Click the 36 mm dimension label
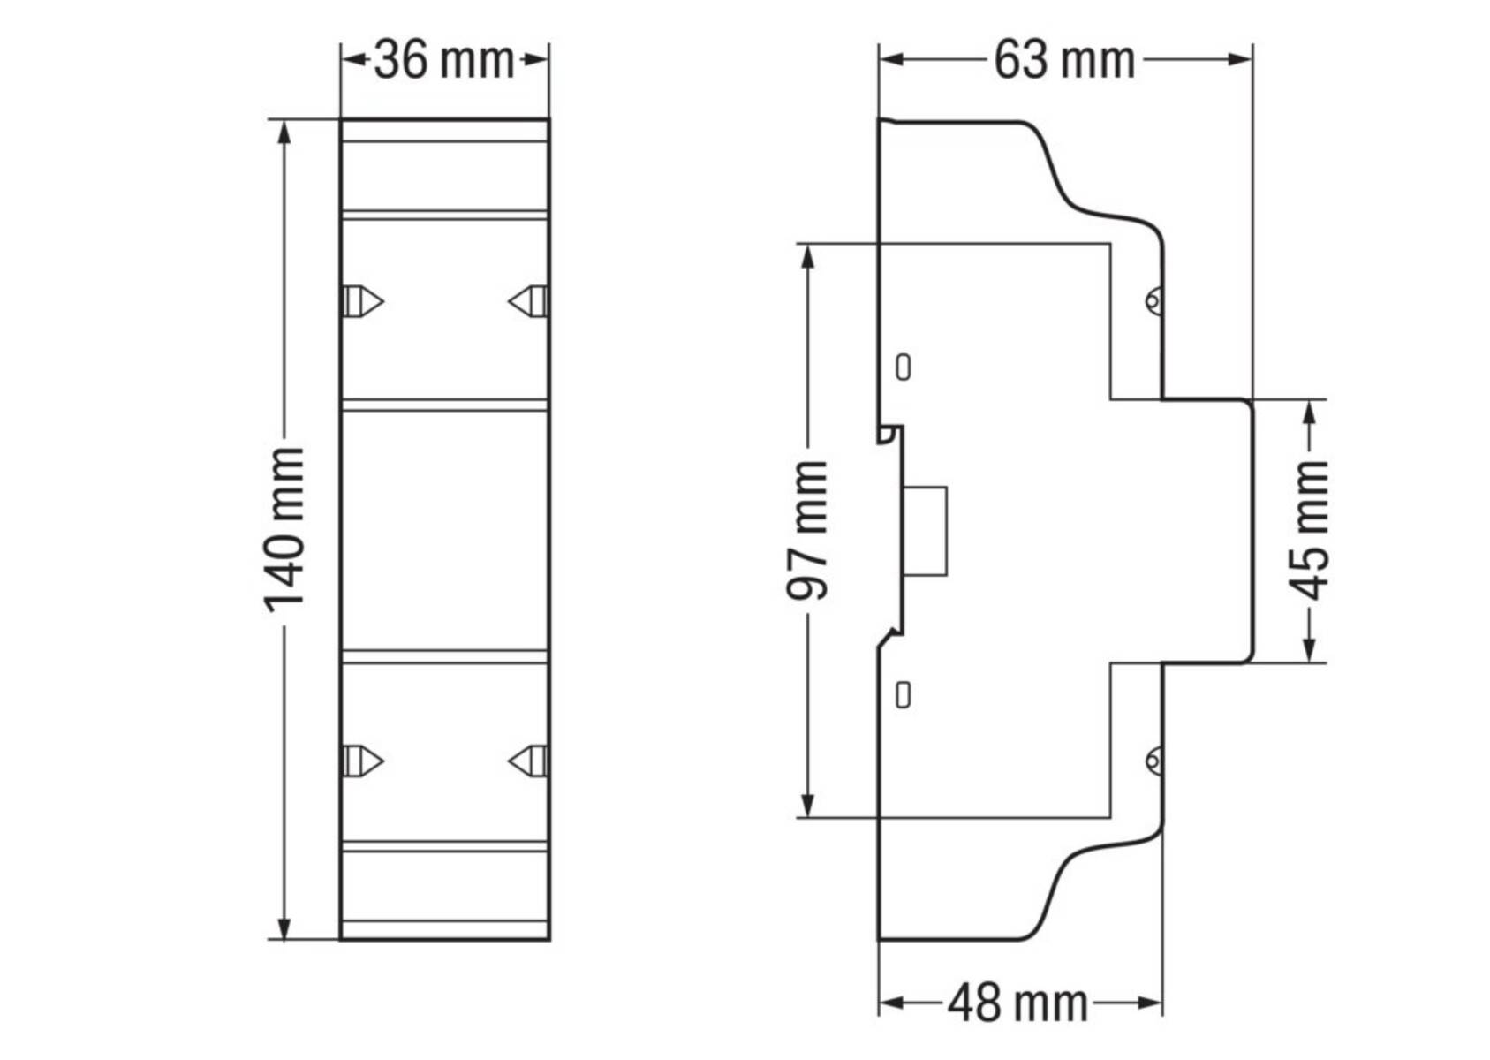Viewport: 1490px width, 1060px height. (444, 61)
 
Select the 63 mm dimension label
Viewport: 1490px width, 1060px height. (1063, 61)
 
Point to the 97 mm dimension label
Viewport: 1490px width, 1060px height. (807, 530)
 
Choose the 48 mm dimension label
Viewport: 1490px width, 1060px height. (1017, 1003)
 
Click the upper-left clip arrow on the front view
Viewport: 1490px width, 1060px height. (363, 301)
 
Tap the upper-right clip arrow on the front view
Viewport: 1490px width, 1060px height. (528, 301)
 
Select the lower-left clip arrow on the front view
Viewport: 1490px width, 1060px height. (363, 761)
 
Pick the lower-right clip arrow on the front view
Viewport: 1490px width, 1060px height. (528, 761)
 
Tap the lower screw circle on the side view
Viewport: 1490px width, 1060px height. (1153, 760)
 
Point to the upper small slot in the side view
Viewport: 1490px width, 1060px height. (903, 367)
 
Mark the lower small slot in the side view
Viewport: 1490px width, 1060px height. (903, 695)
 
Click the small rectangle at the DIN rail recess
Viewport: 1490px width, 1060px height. (926, 531)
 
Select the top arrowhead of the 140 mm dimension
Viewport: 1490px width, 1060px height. (284, 132)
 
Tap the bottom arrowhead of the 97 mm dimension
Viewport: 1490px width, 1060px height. (807, 805)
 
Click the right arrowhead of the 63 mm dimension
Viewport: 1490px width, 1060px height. (1240, 60)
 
